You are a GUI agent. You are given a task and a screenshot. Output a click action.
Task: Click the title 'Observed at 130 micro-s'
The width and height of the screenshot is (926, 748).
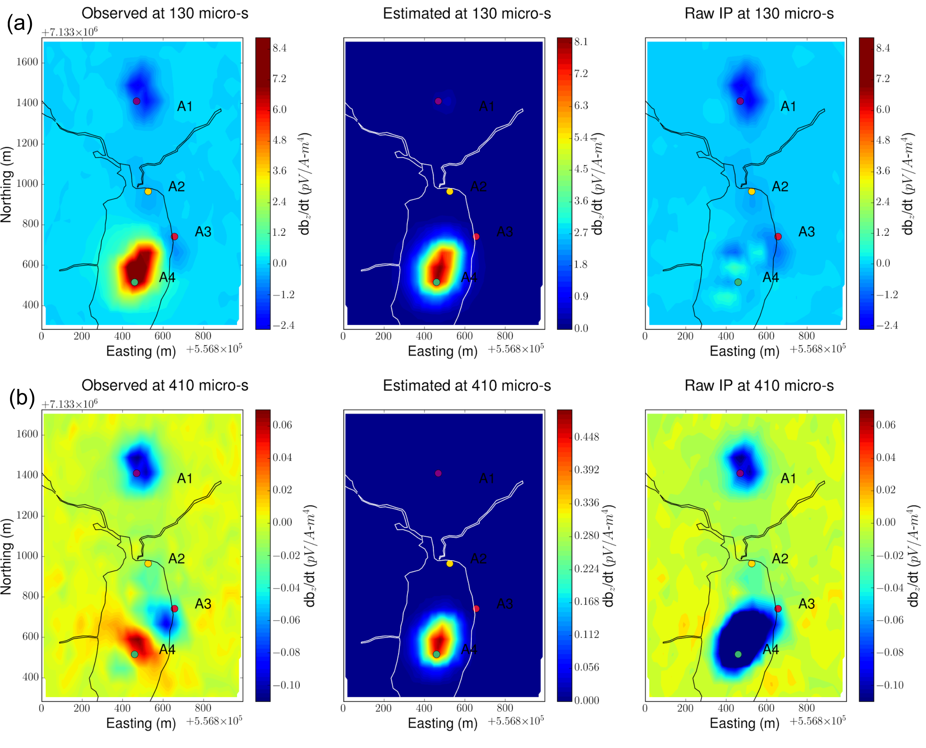click(164, 13)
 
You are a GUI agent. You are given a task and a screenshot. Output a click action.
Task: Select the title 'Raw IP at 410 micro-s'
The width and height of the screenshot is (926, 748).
click(759, 385)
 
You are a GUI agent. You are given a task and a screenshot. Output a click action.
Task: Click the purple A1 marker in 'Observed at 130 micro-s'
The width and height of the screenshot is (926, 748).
click(137, 101)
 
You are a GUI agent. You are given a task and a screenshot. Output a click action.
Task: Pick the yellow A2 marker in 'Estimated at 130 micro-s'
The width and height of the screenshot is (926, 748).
click(450, 191)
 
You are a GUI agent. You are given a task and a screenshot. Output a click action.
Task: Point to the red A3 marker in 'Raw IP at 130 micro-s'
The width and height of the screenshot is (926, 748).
click(778, 236)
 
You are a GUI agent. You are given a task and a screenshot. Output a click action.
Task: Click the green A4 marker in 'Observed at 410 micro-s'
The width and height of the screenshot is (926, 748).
click(134, 654)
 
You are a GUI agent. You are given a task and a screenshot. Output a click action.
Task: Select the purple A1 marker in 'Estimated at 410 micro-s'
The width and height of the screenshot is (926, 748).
click(438, 473)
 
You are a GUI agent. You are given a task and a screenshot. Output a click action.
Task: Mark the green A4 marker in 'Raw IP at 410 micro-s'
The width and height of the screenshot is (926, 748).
click(738, 654)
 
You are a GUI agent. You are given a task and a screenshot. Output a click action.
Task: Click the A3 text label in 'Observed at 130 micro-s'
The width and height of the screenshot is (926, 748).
click(203, 232)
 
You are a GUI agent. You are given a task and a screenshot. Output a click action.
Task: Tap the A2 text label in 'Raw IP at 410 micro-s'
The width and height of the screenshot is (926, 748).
click(780, 558)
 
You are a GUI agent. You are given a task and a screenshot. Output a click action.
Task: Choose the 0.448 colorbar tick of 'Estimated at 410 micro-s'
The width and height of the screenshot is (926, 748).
click(586, 437)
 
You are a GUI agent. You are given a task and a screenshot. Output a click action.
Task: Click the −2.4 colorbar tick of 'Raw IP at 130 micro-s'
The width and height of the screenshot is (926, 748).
click(887, 325)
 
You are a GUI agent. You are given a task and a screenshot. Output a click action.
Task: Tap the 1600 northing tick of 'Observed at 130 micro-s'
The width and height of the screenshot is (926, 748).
click(27, 62)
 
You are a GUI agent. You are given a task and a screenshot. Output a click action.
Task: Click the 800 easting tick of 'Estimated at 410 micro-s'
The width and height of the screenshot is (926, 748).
click(504, 708)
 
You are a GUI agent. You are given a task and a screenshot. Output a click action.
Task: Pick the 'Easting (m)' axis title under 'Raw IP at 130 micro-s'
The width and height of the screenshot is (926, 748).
click(744, 351)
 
